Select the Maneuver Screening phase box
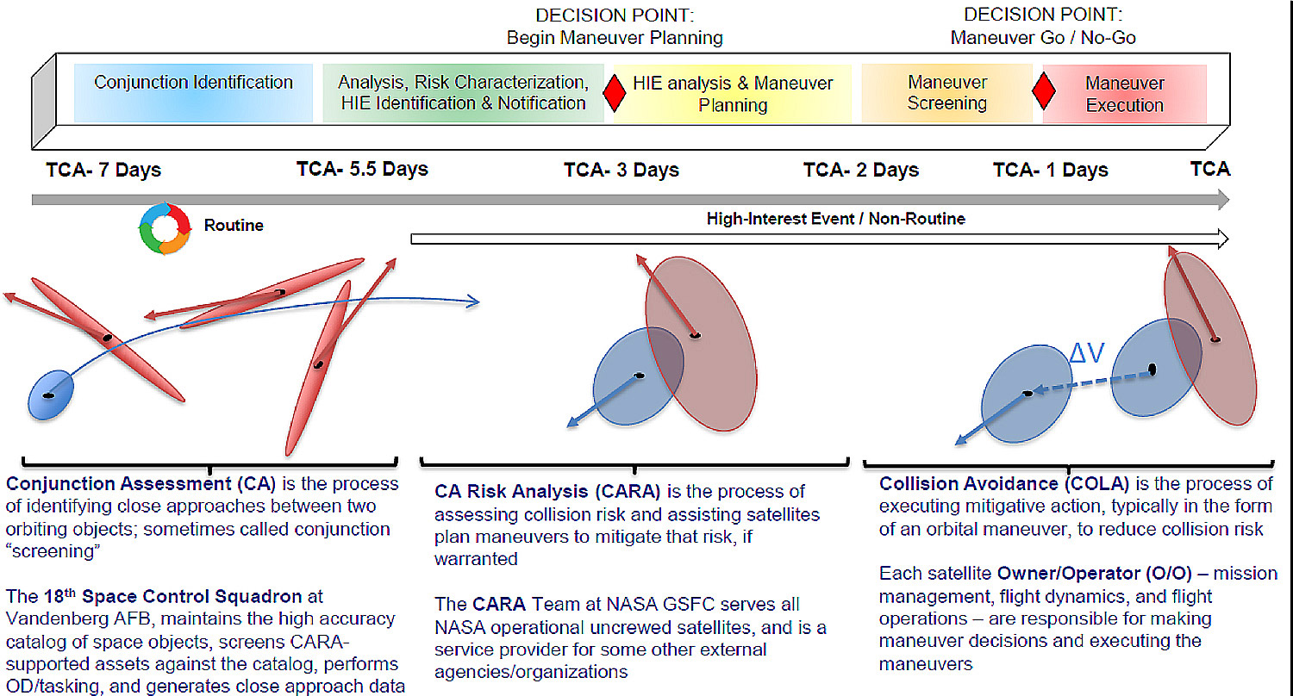click(946, 93)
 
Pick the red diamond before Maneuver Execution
click(1044, 91)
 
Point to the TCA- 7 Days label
click(103, 170)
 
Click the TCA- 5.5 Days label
click(362, 169)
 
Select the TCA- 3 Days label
click(622, 170)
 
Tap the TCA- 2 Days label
click(861, 170)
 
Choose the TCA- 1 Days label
click(1050, 170)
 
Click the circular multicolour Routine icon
click(164, 227)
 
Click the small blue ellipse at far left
click(52, 394)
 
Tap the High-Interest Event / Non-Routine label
click(835, 220)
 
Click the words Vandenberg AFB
click(59, 618)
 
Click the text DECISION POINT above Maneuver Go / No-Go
click(1043, 15)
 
